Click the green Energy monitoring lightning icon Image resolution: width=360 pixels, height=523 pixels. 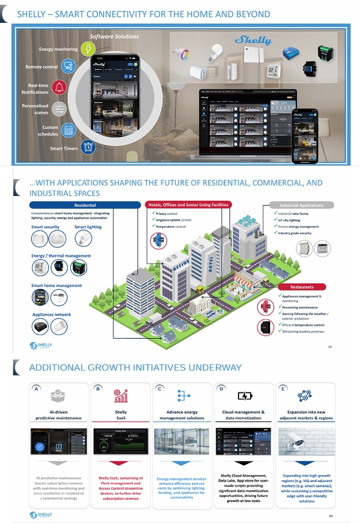87,49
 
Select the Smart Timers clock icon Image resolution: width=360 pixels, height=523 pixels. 88,147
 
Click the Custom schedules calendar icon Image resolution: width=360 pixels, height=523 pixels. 68,130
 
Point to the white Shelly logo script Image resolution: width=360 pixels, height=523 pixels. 253,40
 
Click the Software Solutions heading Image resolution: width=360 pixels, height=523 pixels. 114,37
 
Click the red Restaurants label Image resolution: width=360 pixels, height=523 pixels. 302,287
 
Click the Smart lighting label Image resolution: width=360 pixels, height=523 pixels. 88,227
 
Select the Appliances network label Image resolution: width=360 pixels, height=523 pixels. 51,314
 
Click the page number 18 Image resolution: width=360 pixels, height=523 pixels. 330,346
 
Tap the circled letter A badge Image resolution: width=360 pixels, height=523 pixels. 36,389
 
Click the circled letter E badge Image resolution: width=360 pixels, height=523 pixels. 284,389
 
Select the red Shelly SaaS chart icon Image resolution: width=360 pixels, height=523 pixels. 121,396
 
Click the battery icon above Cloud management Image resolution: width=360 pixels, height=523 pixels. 243,396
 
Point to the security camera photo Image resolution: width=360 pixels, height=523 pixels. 305,442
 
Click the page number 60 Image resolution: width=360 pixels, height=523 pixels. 330,515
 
